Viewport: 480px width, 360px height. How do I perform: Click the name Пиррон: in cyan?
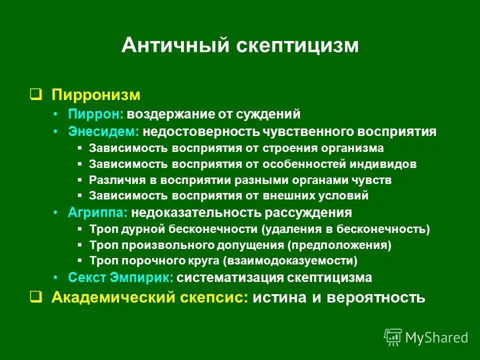click(x=96, y=114)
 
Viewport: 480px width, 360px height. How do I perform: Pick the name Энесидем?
click(x=103, y=131)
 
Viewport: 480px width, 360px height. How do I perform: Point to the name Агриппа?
click(x=98, y=212)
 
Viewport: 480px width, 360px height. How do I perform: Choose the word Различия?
click(x=114, y=180)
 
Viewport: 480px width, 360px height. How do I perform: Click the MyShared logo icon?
click(x=393, y=337)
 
